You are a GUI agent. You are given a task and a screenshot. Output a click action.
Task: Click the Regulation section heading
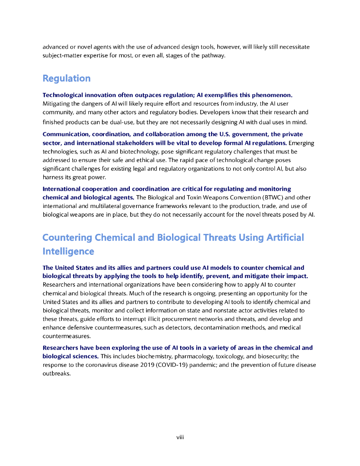point(66,78)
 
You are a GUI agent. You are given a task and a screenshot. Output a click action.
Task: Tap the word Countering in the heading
point(66,238)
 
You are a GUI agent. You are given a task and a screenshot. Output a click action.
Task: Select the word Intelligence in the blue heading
point(68,251)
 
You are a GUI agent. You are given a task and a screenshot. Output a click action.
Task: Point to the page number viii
point(180,437)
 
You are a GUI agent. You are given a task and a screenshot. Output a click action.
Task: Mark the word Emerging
point(301,143)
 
